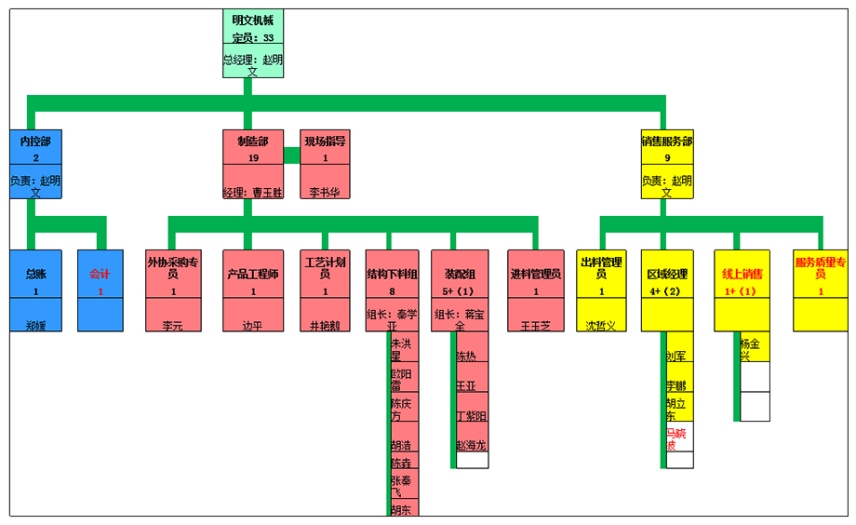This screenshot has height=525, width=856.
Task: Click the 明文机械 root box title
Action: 252,20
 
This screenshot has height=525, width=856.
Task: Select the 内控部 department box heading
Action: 35,141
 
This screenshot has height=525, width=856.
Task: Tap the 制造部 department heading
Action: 252,141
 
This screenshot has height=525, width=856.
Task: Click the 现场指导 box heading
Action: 325,141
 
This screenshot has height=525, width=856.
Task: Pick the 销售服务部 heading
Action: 666,141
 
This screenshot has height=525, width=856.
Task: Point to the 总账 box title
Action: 35,274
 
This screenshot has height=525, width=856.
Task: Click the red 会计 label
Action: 100,274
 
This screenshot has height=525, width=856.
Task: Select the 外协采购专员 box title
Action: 173,268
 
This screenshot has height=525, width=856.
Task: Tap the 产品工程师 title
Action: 252,274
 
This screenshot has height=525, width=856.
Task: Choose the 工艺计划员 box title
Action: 325,268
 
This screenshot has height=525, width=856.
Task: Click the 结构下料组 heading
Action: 392,274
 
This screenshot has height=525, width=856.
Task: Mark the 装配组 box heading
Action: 459,274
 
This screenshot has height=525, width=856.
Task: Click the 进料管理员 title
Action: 535,274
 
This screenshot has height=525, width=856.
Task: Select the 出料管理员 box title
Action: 601,268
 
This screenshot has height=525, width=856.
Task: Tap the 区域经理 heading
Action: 666,274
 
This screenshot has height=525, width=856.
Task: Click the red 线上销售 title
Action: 742,274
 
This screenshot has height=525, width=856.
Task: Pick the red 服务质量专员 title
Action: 820,268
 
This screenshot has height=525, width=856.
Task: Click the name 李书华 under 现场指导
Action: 325,193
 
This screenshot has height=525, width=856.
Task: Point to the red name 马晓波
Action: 676,438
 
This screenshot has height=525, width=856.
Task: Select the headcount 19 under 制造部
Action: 252,158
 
